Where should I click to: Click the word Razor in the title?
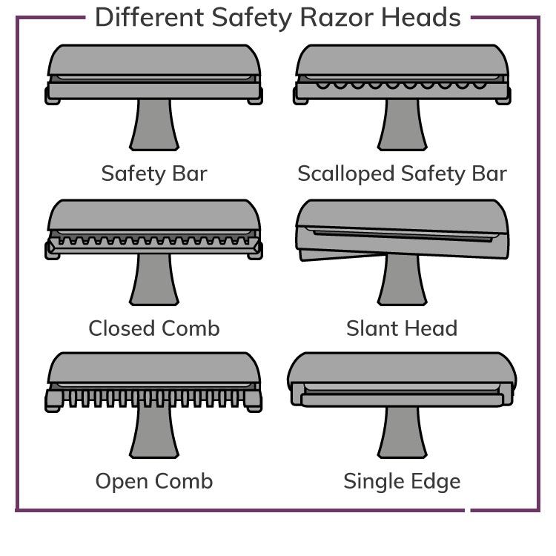point(328,17)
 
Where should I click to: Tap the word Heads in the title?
point(420,17)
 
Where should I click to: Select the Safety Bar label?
point(154,173)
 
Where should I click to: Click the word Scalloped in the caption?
point(345,173)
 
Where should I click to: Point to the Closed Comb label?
point(154,328)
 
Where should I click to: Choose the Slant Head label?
point(402,328)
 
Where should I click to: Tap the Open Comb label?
point(154,481)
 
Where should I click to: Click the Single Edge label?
point(402,481)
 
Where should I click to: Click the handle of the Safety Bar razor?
point(154,126)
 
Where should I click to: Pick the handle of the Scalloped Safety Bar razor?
point(402,126)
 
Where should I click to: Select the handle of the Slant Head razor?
point(402,282)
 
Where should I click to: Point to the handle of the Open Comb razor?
point(154,434)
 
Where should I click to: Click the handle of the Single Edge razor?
point(402,434)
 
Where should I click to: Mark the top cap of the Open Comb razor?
point(154,368)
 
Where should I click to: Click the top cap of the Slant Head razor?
point(402,214)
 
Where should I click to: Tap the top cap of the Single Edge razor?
point(402,368)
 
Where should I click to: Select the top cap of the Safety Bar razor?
point(154,59)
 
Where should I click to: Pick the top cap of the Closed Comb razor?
point(154,214)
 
